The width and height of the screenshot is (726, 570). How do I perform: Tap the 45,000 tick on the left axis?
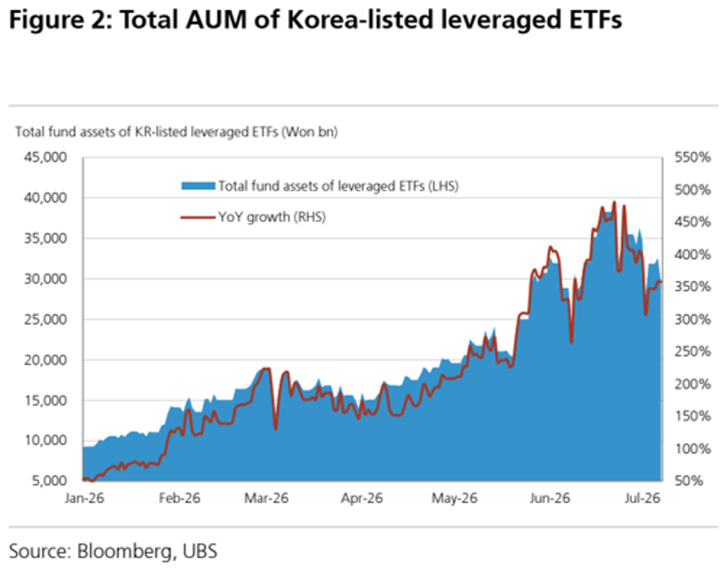45,157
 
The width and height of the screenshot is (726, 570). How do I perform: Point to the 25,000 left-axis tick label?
45,320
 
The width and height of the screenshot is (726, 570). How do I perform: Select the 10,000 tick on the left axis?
45,440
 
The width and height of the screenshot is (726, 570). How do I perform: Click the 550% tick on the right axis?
692,157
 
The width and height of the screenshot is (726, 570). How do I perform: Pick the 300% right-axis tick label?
692,320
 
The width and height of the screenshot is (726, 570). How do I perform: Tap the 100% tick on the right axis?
692,449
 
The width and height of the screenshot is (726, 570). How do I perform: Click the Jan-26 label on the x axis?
84,498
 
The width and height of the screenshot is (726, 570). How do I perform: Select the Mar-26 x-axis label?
266,498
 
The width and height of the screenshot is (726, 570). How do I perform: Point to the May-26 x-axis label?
455,498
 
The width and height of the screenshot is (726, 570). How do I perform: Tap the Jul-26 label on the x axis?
642,498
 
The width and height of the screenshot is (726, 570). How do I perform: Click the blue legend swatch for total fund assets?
198,186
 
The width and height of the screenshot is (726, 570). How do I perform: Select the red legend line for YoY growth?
198,217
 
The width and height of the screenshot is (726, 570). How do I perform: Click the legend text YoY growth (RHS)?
272,217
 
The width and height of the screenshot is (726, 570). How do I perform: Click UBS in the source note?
200,550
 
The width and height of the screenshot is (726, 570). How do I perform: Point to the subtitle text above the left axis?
176,132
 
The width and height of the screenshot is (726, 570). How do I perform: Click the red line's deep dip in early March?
276,429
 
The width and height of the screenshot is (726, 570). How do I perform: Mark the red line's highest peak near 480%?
614,202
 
